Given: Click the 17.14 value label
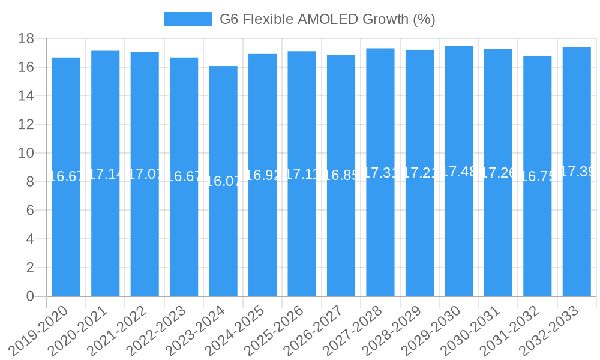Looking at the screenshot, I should pyautogui.click(x=106, y=174).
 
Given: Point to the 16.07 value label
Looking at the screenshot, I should pyautogui.click(x=223, y=181).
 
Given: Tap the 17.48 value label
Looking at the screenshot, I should pyautogui.click(x=459, y=172).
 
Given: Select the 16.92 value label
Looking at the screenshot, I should pyautogui.click(x=262, y=175).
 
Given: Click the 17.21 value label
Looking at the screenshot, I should pyautogui.click(x=419, y=173).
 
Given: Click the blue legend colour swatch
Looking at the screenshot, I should pyautogui.click(x=188, y=19).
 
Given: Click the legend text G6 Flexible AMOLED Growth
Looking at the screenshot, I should pyautogui.click(x=327, y=19).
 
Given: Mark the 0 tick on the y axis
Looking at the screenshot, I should pyautogui.click(x=30, y=296).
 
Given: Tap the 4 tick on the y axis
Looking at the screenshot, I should pyautogui.click(x=30, y=239).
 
